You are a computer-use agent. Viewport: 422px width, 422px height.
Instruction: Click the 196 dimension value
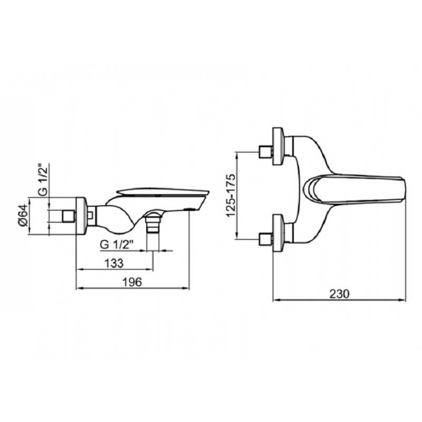[133, 282]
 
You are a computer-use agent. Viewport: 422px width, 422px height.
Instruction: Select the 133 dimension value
[113, 263]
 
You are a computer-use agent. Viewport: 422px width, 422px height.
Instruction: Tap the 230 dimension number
[338, 294]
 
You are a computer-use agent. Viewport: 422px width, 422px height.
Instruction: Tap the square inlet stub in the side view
[68, 216]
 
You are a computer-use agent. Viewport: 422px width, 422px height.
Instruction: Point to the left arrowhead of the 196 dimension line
[79, 289]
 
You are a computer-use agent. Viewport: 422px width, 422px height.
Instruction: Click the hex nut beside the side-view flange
[91, 215]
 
